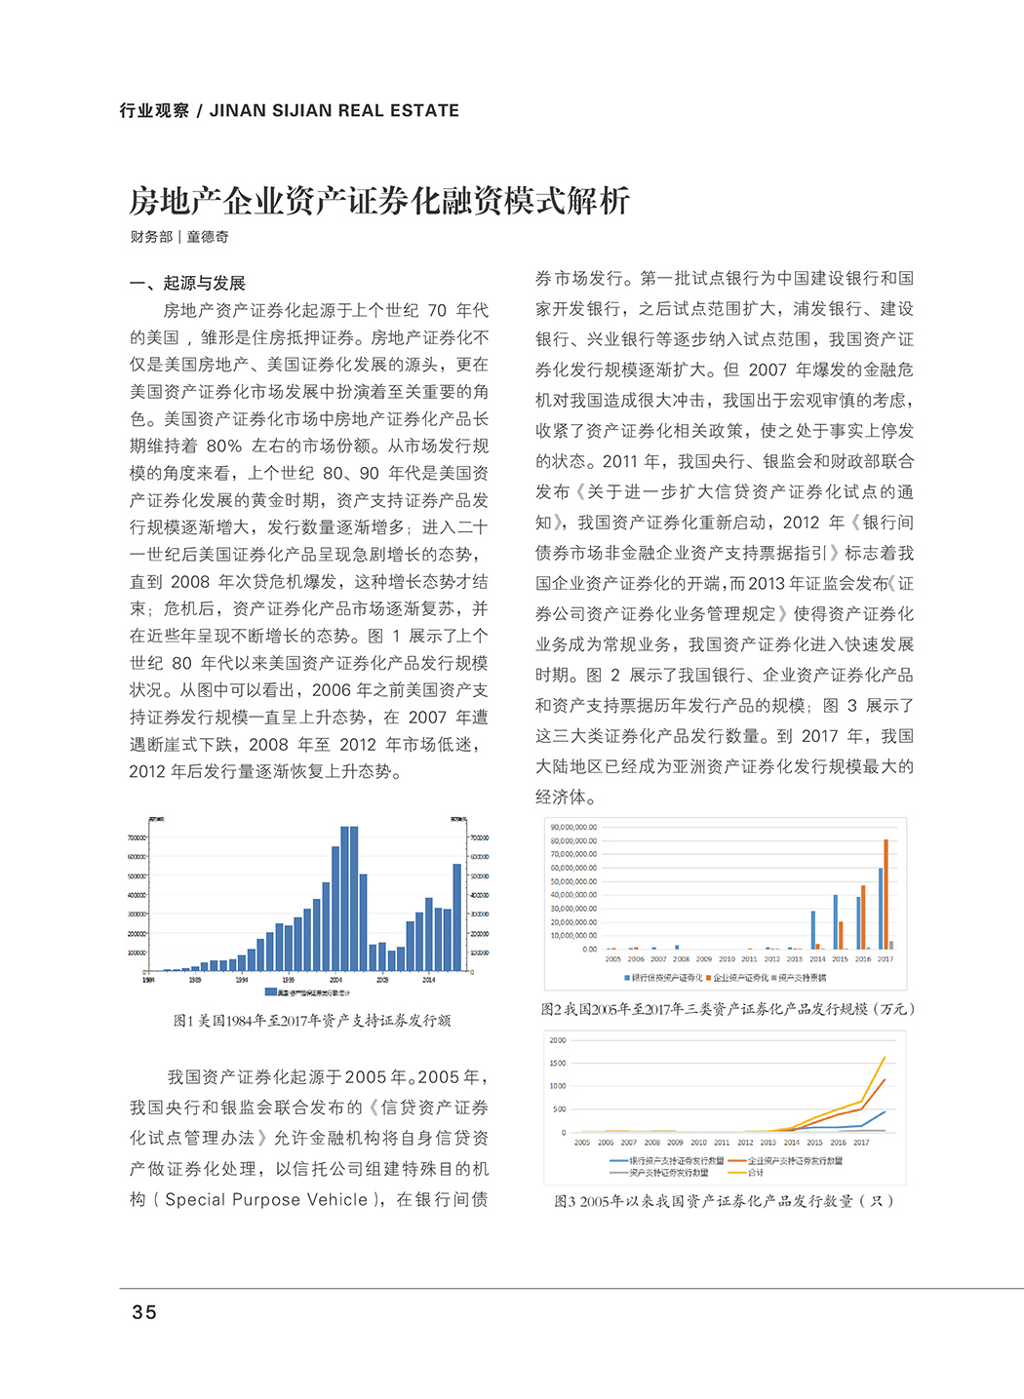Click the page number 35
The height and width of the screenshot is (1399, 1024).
[144, 1312]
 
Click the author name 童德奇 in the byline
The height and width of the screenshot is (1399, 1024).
[208, 237]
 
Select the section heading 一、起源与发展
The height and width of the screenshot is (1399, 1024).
[187, 283]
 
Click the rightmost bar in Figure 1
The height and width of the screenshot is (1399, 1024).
[456, 916]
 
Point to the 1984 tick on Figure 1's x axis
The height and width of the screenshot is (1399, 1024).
[148, 980]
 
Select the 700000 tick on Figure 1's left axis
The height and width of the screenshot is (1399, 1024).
[137, 837]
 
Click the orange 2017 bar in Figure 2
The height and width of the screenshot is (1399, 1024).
[886, 893]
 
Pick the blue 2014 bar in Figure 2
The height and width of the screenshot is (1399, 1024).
[813, 930]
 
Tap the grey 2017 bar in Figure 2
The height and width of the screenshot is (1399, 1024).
[891, 945]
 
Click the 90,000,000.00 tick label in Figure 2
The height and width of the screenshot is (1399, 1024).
[573, 828]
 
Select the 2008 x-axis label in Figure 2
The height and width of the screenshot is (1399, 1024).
[681, 959]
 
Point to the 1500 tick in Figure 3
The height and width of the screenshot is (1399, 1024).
[558, 1063]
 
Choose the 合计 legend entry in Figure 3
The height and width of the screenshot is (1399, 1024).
[756, 1172]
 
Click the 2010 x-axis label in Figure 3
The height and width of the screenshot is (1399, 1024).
[698, 1143]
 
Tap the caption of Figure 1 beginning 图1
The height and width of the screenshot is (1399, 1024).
[312, 1021]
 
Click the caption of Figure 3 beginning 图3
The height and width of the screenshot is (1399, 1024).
[724, 1201]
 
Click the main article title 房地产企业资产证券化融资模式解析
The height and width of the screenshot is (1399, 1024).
[379, 201]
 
